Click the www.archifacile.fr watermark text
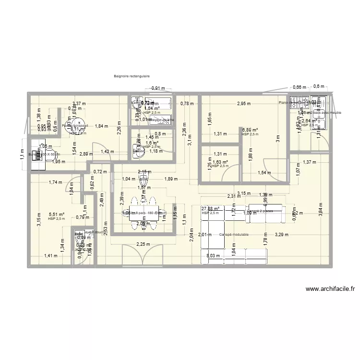coord(329,289)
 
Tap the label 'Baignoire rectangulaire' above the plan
coord(132,76)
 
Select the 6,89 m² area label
coord(250,130)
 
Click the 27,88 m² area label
coord(210,208)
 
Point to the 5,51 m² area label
coord(56,215)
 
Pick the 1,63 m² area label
coord(220,162)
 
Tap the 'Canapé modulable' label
coord(233,235)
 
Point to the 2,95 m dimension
coord(244,104)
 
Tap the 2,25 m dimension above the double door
coord(143,244)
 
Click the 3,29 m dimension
coord(282,235)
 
